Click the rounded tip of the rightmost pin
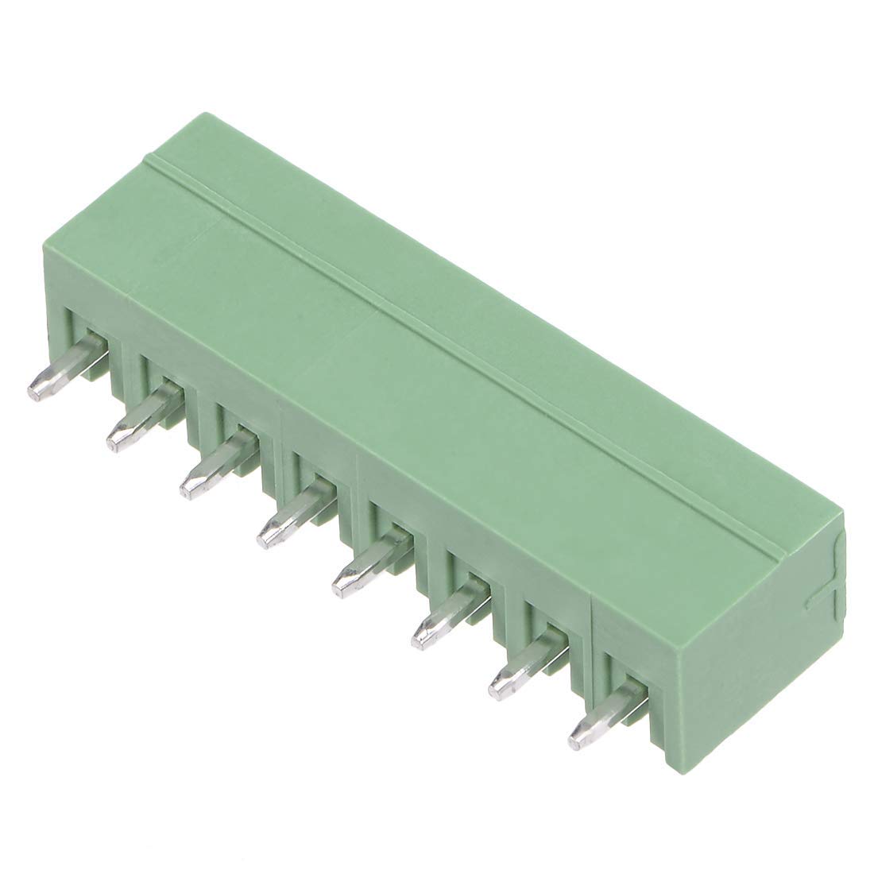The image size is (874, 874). [578, 734]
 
